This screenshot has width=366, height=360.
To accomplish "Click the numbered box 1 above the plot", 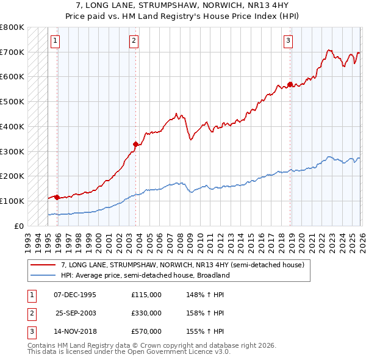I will (55, 41).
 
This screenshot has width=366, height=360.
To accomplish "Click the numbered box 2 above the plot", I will (134, 41).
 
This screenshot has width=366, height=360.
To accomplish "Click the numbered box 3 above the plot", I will (288, 41).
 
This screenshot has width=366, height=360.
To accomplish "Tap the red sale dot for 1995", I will (57, 197).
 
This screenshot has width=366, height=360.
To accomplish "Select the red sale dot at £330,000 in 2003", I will (135, 144).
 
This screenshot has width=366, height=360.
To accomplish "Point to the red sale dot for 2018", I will (290, 84).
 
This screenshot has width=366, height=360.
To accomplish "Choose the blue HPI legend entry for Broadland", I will (145, 275).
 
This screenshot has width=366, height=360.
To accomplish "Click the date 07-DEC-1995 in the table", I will (75, 295).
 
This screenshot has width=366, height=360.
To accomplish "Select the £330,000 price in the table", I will (146, 313).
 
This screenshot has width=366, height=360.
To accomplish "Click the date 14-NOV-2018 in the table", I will (75, 331).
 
